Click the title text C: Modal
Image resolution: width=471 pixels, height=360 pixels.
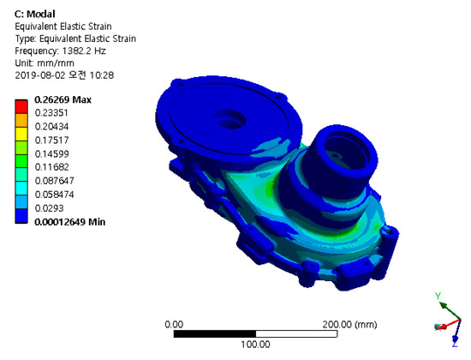(35, 14)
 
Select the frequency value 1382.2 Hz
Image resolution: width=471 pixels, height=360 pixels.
(84, 51)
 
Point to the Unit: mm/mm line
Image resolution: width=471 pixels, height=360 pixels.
(45, 63)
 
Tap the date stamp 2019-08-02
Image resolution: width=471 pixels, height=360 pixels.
(40, 75)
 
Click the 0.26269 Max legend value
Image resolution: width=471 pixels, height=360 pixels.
(63, 99)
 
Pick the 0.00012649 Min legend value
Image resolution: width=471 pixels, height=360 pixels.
(70, 222)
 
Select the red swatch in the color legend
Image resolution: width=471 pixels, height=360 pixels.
(21, 106)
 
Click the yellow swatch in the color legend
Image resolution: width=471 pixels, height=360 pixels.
(21, 134)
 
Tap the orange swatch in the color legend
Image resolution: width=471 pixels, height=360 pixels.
(21, 120)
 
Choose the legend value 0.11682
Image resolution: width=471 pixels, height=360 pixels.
(52, 167)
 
